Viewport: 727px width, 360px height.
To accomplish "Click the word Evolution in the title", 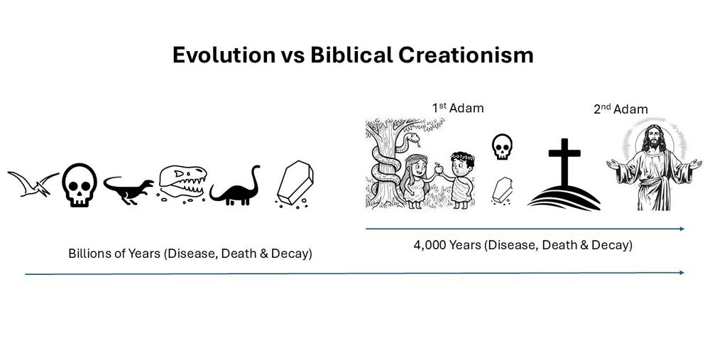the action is (x=224, y=55).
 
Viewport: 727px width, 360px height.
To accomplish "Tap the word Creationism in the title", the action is (x=466, y=55).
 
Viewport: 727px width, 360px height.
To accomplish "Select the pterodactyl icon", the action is (x=33, y=184).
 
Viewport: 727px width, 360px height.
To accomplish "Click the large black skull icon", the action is (x=80, y=185).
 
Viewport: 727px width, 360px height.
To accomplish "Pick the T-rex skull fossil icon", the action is (x=182, y=183).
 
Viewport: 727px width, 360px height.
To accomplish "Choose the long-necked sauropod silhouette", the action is (x=236, y=187).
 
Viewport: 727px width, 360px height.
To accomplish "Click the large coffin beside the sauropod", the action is (x=295, y=182).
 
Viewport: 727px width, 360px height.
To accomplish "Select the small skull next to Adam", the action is (x=502, y=146).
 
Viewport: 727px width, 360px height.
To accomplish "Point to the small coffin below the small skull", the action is (x=502, y=190).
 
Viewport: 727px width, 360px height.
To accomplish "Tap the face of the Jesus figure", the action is (x=654, y=138).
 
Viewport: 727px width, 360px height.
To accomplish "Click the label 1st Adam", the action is (x=458, y=108).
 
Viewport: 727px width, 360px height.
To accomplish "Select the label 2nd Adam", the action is (x=621, y=109).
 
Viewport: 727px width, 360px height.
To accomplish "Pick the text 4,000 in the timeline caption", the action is (x=429, y=246).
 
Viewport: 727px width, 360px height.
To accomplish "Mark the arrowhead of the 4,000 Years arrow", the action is (x=682, y=229).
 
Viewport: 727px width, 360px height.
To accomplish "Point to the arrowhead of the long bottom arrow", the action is (x=682, y=273).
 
